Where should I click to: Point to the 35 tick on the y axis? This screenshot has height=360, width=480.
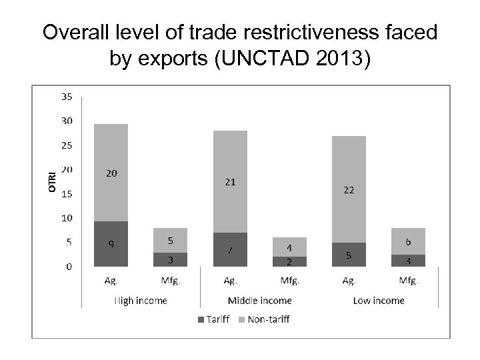tap(68, 97)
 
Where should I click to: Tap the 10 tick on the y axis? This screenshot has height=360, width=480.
tap(68, 218)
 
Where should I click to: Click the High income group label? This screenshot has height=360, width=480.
tap(140, 301)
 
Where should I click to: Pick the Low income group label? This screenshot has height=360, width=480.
tap(378, 301)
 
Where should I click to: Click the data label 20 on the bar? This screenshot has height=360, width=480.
tap(111, 173)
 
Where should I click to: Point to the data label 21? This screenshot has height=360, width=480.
tap(230, 181)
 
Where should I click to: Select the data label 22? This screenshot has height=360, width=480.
tap(349, 190)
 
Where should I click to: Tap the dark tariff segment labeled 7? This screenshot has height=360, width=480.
tap(230, 249)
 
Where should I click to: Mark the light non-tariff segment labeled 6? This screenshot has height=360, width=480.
tap(408, 241)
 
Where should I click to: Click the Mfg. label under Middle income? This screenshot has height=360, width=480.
tap(289, 281)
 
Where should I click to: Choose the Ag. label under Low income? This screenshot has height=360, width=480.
tap(348, 281)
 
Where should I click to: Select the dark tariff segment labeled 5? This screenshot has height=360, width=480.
tap(349, 254)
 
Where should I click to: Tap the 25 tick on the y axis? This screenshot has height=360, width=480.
tap(68, 145)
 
